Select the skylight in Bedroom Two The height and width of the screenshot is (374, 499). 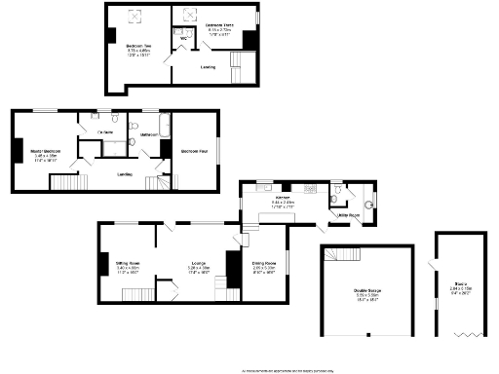(135, 13)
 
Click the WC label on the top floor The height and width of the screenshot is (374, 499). (172, 40)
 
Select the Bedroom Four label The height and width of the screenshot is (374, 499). (195, 151)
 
